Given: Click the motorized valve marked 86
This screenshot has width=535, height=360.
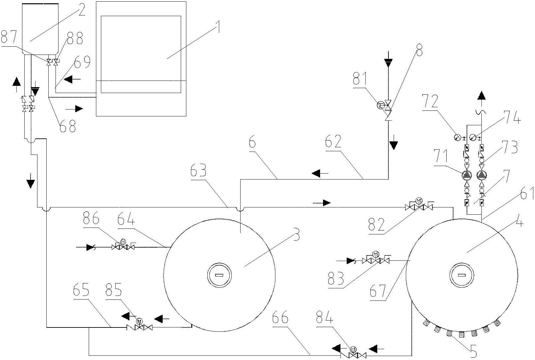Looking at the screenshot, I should pyautogui.click(x=123, y=246).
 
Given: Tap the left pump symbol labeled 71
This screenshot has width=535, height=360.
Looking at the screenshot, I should pyautogui.click(x=466, y=175).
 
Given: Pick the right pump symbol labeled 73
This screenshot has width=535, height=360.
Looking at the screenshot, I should pyautogui.click(x=482, y=175).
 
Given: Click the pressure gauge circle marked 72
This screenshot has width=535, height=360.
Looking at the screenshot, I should pyautogui.click(x=457, y=137).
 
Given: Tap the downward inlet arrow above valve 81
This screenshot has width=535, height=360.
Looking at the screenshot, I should pyautogui.click(x=388, y=63).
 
